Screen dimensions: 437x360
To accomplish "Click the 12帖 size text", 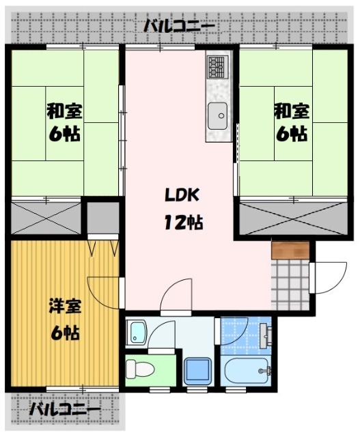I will point(180,222).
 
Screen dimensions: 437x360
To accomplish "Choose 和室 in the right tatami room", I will point(292,109).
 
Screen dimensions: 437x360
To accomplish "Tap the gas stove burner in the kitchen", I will point(217,67).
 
